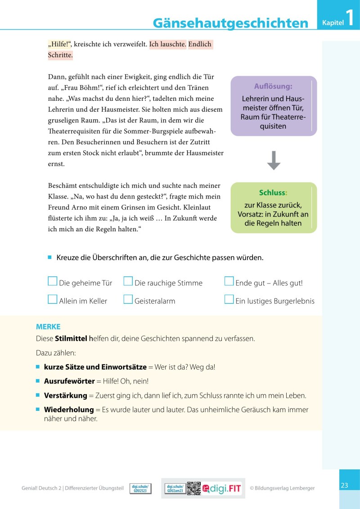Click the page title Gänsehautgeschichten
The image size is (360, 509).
[230, 23]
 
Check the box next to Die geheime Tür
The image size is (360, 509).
[53, 282]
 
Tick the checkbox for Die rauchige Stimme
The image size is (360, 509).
[128, 282]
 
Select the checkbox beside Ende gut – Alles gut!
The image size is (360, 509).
[229, 282]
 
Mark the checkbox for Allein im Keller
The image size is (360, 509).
[53, 300]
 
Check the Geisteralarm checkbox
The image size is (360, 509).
[128, 300]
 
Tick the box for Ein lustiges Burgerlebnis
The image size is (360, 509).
[229, 300]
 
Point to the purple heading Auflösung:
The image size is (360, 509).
[273, 86]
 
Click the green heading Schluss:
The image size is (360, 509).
[273, 193]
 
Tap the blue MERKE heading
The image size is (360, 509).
[48, 327]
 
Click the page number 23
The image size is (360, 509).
[345, 485]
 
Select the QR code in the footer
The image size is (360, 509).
[193, 488]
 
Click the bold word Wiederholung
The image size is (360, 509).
[69, 410]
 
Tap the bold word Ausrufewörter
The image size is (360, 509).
[69, 381]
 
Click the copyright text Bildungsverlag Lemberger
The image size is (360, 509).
[282, 488]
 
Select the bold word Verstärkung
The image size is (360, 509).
[65, 396]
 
